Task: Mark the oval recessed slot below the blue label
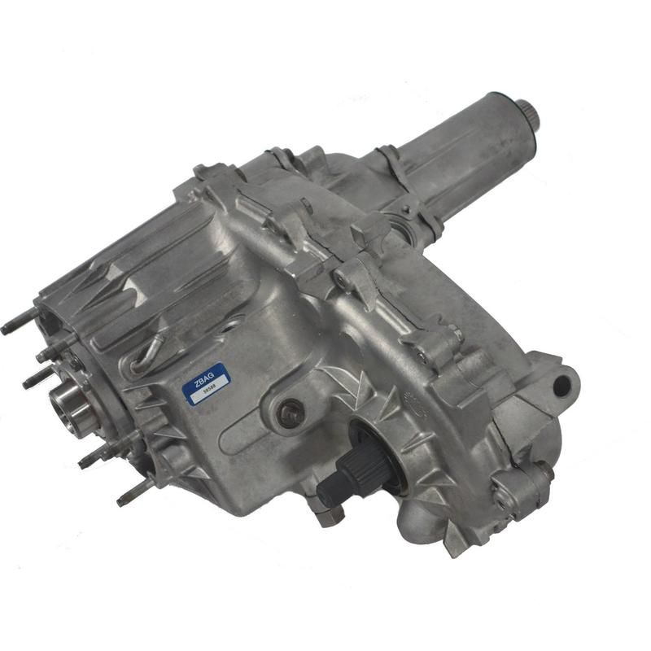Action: point(244,423)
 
